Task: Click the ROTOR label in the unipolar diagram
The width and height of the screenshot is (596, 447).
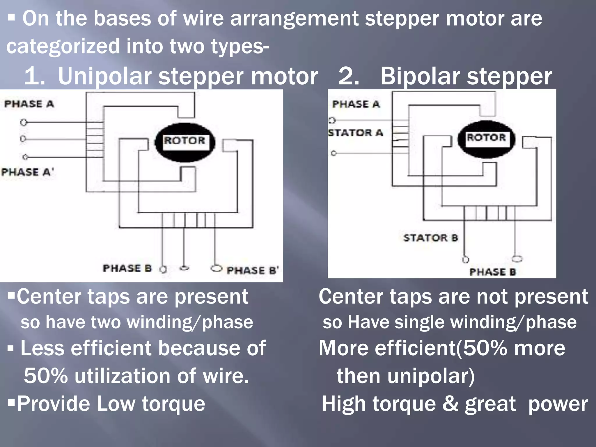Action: coord(185,141)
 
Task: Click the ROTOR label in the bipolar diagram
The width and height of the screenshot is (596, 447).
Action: coord(486,137)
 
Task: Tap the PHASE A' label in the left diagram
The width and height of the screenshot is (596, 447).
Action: coord(27,172)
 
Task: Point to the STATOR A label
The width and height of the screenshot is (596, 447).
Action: coord(355,133)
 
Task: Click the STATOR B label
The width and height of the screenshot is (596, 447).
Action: coord(431,238)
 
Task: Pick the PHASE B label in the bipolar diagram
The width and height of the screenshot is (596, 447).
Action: coord(492,272)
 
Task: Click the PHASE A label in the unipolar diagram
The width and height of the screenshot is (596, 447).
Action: coord(29,104)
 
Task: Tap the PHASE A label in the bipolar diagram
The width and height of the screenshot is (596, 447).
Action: coord(356,104)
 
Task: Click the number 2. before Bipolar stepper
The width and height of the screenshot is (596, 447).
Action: coord(349,76)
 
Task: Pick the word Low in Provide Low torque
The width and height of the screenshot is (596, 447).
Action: coord(116,404)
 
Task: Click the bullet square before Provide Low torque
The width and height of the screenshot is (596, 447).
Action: coord(11,403)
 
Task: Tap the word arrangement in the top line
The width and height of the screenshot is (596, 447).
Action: coord(294,19)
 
